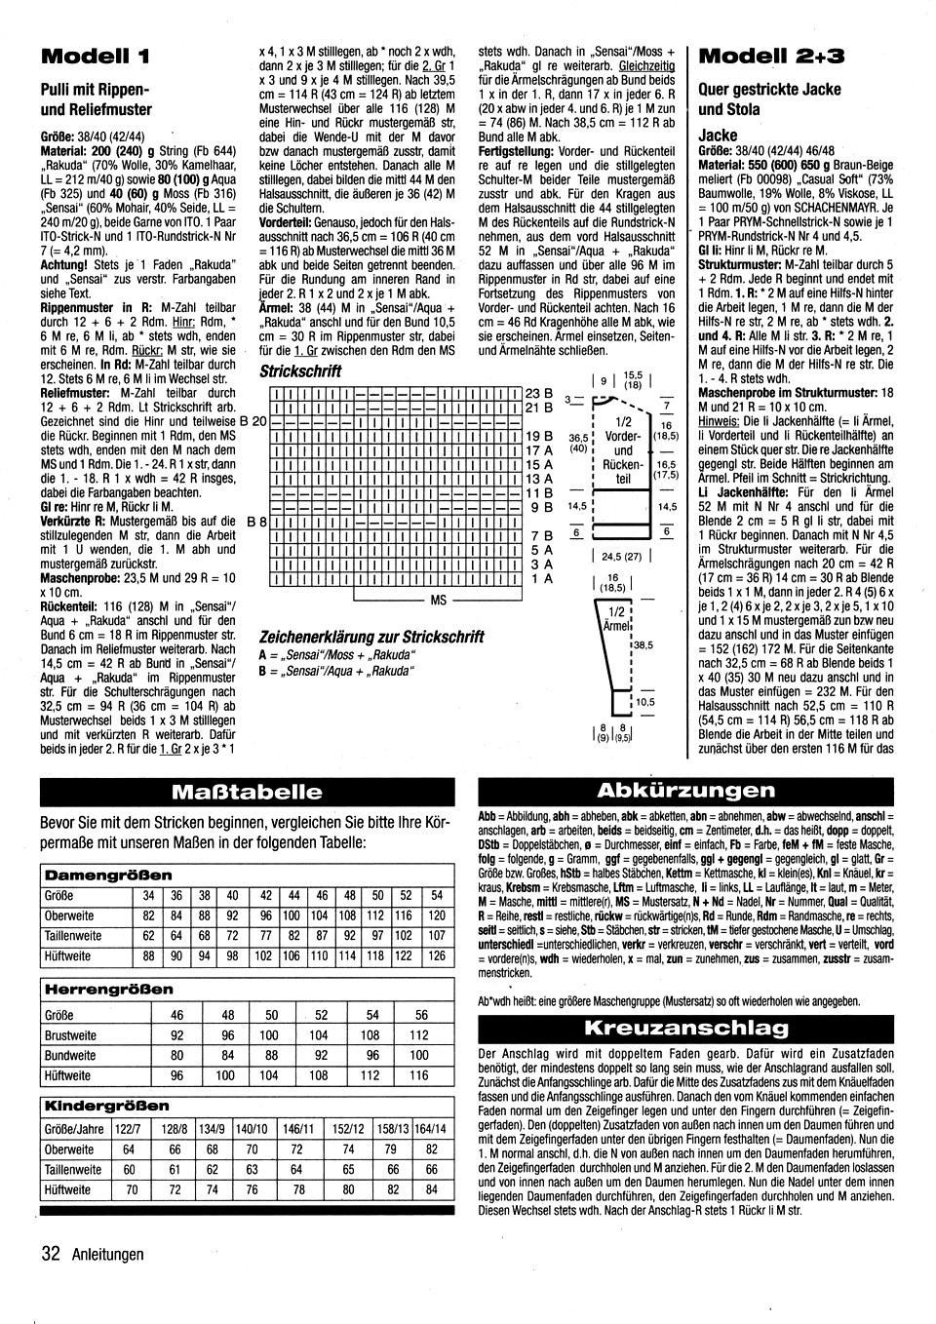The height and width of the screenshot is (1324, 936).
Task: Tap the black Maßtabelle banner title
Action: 246,791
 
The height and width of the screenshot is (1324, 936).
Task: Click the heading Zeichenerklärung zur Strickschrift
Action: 371,637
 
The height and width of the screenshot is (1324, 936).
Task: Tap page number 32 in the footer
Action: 52,1254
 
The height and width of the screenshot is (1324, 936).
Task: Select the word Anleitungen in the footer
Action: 107,1255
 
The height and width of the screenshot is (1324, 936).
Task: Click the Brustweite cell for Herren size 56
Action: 419,1035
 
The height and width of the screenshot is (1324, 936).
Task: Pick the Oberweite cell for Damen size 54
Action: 437,915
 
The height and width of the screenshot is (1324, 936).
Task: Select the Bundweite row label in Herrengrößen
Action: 70,1056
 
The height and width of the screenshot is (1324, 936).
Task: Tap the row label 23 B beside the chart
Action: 539,393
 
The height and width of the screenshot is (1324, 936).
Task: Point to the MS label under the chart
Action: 439,601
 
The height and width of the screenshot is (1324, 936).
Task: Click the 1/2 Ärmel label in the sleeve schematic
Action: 616,618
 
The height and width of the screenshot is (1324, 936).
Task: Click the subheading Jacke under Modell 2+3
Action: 719,135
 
